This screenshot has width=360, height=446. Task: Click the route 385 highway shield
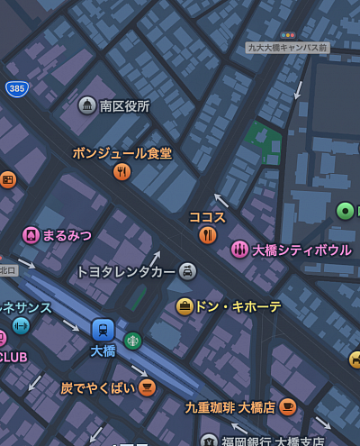[16, 88]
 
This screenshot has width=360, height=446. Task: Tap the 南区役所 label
[124, 106]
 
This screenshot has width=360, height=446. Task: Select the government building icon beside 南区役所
[87, 105]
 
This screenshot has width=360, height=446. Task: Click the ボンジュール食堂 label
[121, 153]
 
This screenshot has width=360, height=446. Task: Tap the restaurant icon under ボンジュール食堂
[122, 171]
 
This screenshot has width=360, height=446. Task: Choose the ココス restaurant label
[207, 217]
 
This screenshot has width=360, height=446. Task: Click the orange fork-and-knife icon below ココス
[208, 235]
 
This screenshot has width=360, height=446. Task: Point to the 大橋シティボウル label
[301, 250]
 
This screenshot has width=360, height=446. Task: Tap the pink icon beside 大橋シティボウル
[239, 250]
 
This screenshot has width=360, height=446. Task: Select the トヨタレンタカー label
[125, 271]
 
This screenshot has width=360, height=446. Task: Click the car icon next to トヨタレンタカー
[187, 270]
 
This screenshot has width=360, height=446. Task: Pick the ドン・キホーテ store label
[238, 306]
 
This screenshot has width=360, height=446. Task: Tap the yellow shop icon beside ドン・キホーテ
[184, 306]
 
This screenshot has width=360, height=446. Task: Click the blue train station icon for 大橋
[103, 330]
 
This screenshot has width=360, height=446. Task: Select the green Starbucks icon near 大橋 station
[133, 340]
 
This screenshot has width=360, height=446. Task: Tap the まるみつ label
[67, 235]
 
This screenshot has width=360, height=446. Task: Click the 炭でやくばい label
[97, 387]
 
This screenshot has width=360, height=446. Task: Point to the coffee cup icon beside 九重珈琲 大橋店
[287, 406]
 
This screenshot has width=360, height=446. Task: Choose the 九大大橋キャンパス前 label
[287, 48]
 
